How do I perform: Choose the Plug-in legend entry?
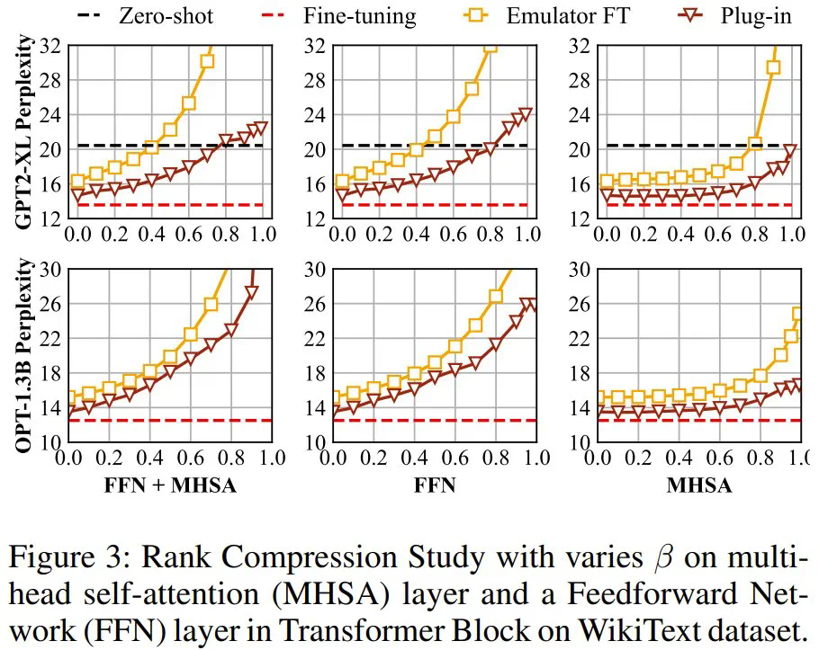(759, 15)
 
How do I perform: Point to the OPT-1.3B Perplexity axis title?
(26, 355)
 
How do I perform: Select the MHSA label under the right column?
(698, 486)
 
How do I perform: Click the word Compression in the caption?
(303, 558)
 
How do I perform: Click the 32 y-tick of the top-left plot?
(52, 45)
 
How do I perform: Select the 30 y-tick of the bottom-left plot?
(52, 269)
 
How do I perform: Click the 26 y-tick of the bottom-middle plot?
(317, 304)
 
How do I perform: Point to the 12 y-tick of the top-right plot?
(581, 218)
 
